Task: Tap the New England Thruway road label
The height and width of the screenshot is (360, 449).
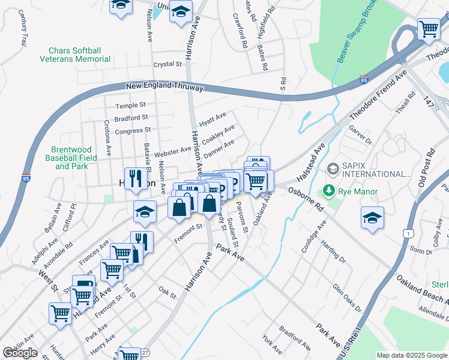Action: [x=164, y=88]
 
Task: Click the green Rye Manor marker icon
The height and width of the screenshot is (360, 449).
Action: [x=328, y=191]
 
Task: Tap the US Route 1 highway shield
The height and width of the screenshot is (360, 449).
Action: [x=408, y=232]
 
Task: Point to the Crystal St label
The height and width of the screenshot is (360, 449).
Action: [x=167, y=64]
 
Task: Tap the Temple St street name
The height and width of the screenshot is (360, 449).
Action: [x=127, y=106]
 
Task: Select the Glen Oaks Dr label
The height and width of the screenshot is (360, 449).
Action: [x=347, y=298]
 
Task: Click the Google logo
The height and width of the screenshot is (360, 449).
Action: [x=20, y=353]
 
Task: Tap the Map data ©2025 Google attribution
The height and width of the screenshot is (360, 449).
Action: [x=411, y=355]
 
